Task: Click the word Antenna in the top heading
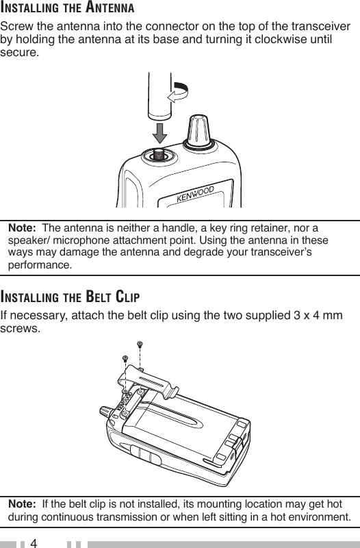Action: tap(110, 8)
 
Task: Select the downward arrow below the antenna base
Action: tap(160, 133)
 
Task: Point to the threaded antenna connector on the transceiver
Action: tap(159, 155)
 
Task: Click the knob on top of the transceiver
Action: tap(198, 132)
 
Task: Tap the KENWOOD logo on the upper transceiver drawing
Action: tap(195, 194)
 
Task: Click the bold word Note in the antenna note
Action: tap(22, 228)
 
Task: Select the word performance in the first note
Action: tap(40, 264)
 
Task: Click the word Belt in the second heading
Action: tap(98, 297)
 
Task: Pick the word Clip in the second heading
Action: tap(127, 297)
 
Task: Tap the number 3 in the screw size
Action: tap(297, 315)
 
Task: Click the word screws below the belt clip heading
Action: tap(21, 329)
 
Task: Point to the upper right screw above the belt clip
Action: tap(140, 345)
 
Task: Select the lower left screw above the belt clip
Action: tap(125, 358)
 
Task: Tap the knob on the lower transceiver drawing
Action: tap(105, 412)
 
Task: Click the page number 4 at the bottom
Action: tap(34, 543)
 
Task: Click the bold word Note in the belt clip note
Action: tap(22, 504)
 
